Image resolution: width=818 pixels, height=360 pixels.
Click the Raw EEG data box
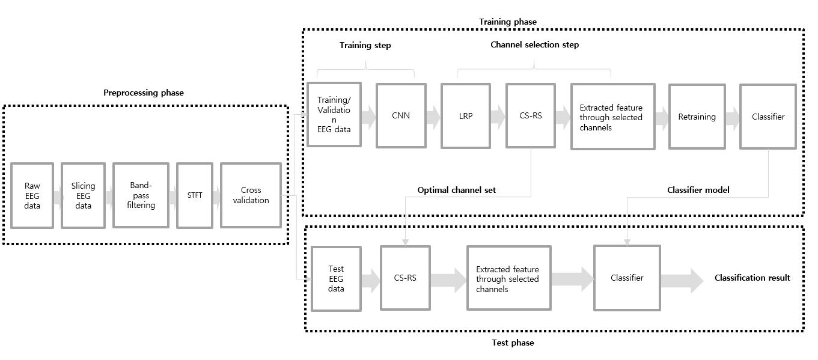click(x=32, y=195)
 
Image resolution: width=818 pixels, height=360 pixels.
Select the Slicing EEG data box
click(x=83, y=195)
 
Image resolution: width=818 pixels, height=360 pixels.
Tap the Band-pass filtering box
click(x=140, y=195)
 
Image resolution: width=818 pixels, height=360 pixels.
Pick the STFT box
click(x=195, y=195)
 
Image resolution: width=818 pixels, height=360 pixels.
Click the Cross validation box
click(x=251, y=195)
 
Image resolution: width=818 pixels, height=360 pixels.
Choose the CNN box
click(x=401, y=115)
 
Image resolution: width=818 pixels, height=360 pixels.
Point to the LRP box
click(x=465, y=115)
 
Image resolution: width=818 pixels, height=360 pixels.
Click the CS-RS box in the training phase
click(x=530, y=115)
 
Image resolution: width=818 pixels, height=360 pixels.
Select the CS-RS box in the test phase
click(x=405, y=278)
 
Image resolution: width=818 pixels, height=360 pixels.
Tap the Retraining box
click(x=697, y=117)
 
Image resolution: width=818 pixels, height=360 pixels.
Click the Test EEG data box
click(x=336, y=278)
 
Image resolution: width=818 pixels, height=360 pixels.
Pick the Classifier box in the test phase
click(x=627, y=278)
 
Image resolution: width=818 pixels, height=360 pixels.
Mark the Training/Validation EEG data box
click(x=334, y=114)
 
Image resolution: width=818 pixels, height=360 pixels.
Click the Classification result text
click(x=752, y=278)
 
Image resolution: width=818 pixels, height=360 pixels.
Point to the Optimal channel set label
click(x=457, y=190)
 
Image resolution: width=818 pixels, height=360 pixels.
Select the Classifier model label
click(x=698, y=190)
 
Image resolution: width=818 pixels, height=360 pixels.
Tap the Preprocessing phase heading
click(x=144, y=93)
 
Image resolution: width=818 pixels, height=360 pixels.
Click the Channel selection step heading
click(x=534, y=44)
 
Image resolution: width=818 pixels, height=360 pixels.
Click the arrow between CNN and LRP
click(x=433, y=116)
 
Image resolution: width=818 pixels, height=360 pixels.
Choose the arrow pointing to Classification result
click(x=682, y=280)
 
